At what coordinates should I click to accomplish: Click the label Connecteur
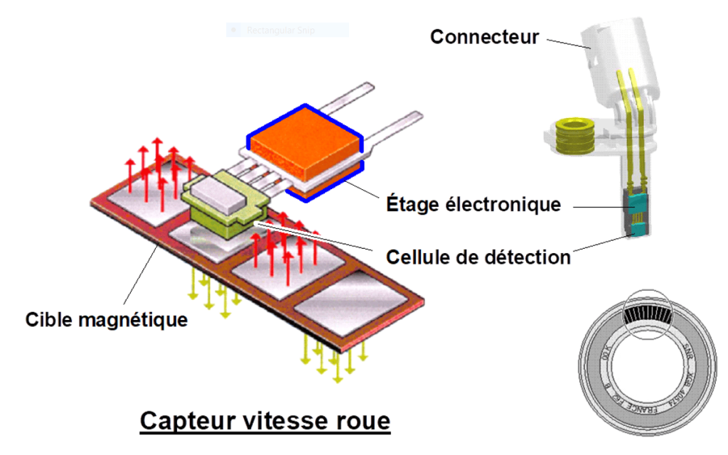click(484, 37)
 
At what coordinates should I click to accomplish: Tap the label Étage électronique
click(473, 205)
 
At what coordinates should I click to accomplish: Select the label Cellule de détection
click(478, 257)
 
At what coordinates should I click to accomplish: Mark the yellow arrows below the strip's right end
click(334, 355)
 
